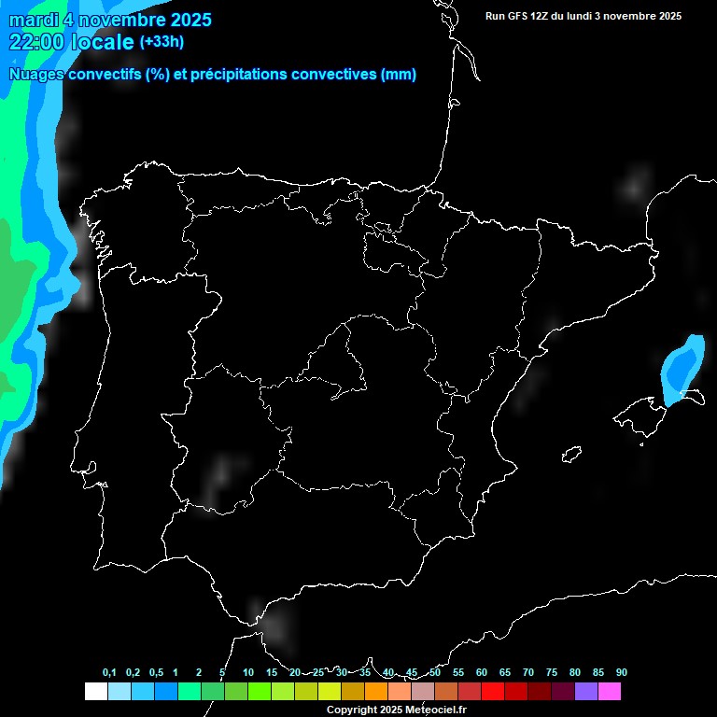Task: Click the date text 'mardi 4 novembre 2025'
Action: (110, 20)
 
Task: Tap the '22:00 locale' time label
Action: (72, 42)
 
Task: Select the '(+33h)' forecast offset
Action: (162, 41)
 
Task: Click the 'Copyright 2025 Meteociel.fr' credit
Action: (397, 710)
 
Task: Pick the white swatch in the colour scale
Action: (95, 692)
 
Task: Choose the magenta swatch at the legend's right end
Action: (610, 692)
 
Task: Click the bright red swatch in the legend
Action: (493, 692)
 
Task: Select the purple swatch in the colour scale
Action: (586, 692)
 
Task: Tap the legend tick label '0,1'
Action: (109, 673)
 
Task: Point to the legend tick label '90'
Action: (622, 673)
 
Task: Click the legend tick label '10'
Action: (248, 673)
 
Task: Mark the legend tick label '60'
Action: (482, 673)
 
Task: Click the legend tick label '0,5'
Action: (156, 673)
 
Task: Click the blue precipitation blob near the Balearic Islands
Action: (683, 370)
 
